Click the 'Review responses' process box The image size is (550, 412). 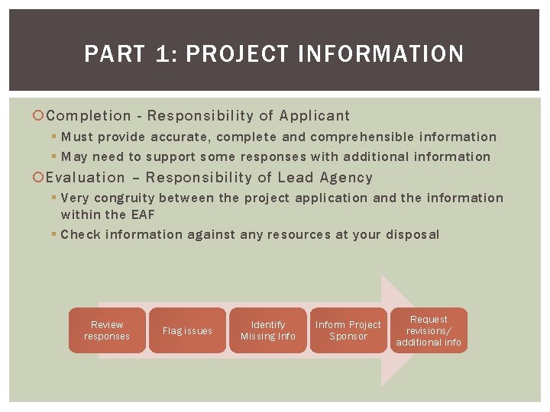[x=107, y=330]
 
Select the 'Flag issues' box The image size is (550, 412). [x=187, y=330]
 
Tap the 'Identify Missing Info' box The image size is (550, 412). [x=268, y=330]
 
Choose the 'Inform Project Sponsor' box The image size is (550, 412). [x=348, y=330]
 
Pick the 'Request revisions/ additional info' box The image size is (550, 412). [x=429, y=330]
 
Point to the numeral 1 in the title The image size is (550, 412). [x=163, y=54]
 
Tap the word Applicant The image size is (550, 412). [x=315, y=116]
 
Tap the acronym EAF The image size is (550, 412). [x=141, y=215]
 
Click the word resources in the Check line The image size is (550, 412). [x=298, y=235]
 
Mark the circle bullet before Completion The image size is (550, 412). [x=40, y=117]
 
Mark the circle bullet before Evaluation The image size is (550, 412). [x=40, y=179]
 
